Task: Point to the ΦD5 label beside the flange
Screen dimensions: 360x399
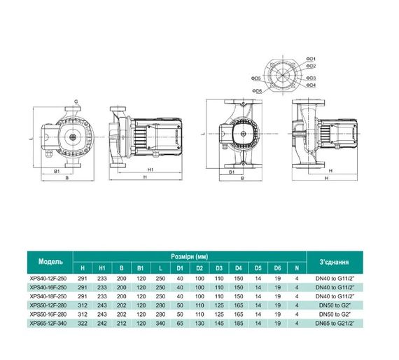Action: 256,78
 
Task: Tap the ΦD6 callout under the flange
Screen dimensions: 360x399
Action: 258,91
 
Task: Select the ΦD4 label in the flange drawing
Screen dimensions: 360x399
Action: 311,85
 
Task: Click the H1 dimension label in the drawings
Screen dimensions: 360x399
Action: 150,169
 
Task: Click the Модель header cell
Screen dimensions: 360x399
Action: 50,261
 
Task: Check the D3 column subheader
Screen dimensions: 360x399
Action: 219,268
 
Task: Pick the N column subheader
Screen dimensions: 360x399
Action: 297,268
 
